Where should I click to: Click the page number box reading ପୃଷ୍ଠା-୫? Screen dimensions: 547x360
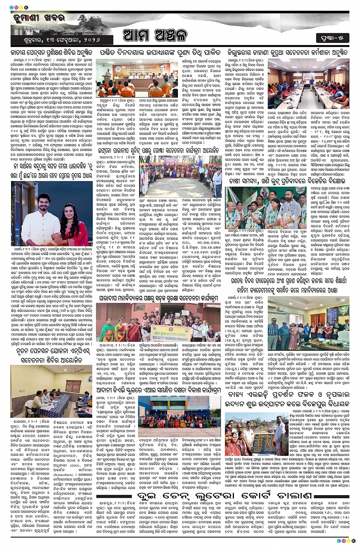tap(333, 38)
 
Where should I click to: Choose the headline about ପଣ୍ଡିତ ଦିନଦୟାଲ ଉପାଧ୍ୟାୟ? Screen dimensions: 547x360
tap(160, 53)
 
